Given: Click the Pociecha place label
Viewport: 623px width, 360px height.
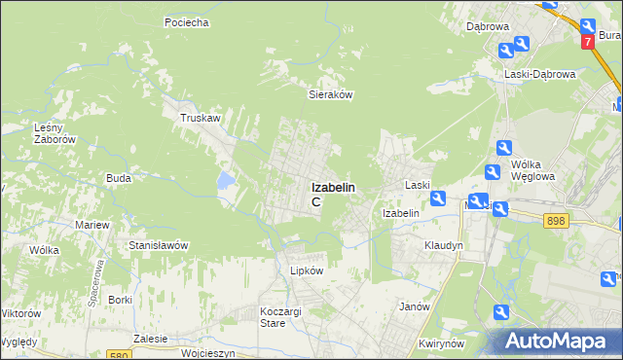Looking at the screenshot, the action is pos(188,21).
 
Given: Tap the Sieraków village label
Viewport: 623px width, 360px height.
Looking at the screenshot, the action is pos(329,95).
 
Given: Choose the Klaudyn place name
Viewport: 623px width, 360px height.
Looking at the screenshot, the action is pos(443,246).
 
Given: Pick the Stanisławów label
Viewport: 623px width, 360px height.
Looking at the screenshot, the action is pos(159,245).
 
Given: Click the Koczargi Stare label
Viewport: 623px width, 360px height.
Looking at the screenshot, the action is pos(280,316).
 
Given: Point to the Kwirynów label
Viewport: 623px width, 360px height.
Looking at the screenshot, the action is pos(438,343).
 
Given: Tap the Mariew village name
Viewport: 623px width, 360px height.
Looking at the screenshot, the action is pos(92,225).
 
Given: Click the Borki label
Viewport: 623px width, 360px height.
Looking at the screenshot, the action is pos(121,300).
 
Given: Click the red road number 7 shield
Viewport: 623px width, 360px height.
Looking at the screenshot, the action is pos(588,43).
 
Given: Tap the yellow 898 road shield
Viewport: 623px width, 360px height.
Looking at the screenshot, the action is pos(556,222).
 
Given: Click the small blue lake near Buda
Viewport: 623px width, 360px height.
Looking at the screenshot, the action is pos(226,180).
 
